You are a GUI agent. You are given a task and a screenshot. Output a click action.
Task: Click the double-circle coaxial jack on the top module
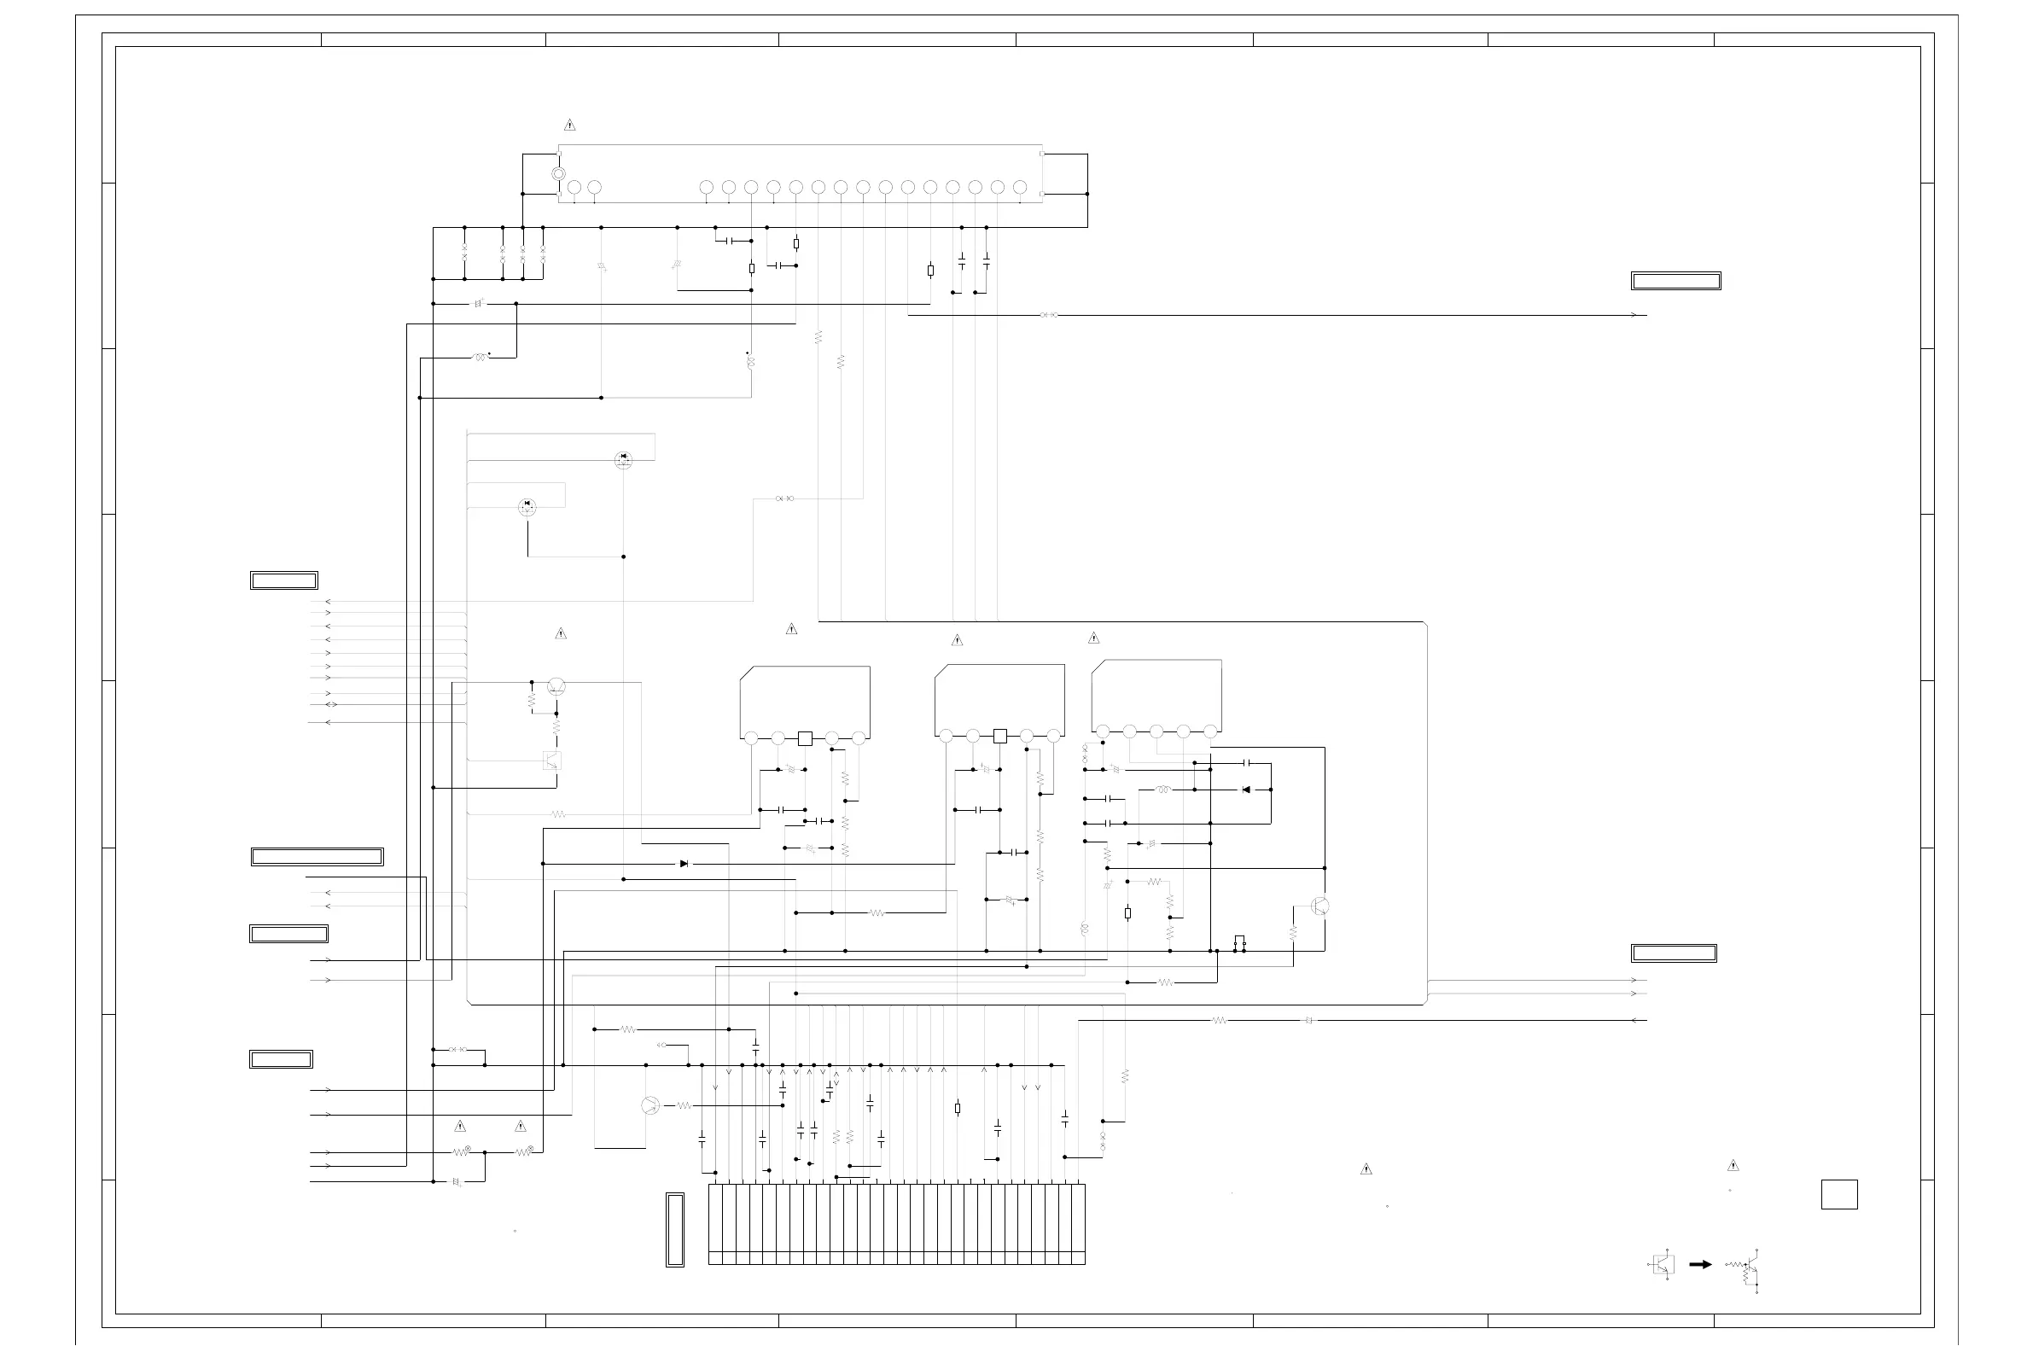(558, 174)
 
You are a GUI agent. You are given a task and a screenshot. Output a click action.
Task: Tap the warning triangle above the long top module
(569, 125)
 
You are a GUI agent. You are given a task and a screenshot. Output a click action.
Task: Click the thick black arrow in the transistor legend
(1700, 1265)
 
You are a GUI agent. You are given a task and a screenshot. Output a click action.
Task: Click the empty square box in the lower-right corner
(1838, 1194)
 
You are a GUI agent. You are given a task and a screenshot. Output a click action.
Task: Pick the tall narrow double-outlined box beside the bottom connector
(675, 1230)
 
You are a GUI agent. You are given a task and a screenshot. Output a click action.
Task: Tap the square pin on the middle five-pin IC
(1000, 737)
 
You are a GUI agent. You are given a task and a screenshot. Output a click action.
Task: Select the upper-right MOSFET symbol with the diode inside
(623, 459)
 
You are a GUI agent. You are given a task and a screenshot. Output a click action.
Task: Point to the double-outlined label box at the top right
(1675, 281)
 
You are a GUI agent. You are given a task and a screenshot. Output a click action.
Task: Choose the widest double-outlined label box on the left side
(317, 857)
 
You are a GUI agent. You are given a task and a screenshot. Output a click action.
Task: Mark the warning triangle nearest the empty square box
(1733, 1166)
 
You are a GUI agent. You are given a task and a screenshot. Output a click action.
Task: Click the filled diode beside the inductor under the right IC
(1246, 789)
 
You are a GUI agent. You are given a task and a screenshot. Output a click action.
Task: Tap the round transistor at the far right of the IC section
(1319, 906)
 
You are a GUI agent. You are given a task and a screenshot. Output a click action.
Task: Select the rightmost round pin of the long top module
(1020, 187)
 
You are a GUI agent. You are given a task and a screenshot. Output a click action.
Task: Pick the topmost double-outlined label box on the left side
(283, 580)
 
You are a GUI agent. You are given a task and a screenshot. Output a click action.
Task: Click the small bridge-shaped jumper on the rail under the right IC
(1240, 941)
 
